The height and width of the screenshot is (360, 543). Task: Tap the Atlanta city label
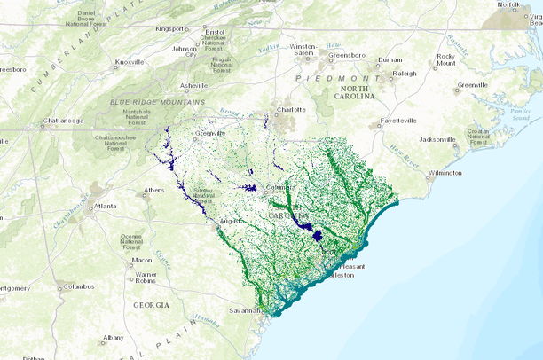tap(106, 207)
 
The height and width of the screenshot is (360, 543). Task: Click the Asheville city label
tap(193, 86)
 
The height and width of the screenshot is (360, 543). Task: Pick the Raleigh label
tap(404, 74)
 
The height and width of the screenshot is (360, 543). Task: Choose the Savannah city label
tap(246, 310)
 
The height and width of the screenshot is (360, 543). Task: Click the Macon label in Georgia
tap(142, 261)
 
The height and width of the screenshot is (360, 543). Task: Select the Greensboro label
tap(347, 56)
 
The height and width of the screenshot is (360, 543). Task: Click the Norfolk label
tap(508, 4)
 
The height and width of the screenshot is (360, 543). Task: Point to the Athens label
tap(154, 191)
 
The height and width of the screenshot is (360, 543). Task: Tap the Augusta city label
tap(232, 220)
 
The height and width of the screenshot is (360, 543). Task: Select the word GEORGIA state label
tap(151, 304)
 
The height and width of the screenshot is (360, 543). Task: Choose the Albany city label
tap(113, 338)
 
